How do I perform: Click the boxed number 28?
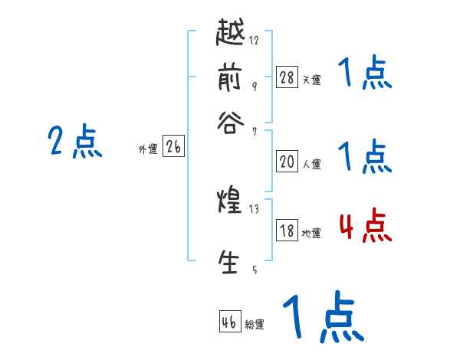(x=287, y=77)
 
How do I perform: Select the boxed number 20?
(x=287, y=162)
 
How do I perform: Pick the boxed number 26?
(x=173, y=148)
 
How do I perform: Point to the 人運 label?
(x=312, y=164)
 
